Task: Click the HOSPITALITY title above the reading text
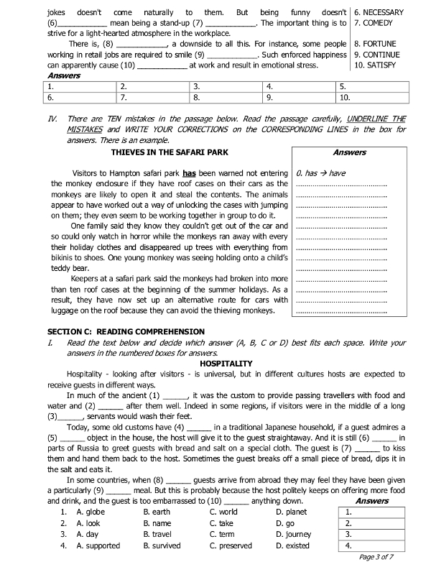coord(226,364)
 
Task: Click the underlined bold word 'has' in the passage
coord(190,172)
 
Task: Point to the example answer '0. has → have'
coord(321,173)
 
